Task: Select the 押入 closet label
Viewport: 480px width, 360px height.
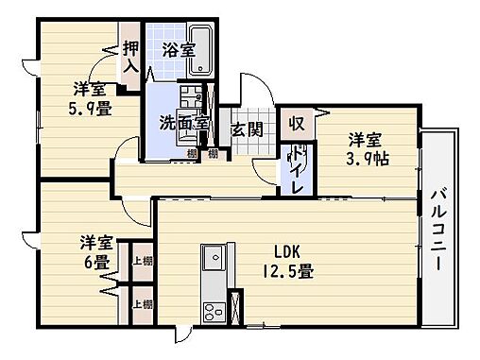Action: click(x=130, y=56)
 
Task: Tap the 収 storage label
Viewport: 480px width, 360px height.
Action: click(x=297, y=123)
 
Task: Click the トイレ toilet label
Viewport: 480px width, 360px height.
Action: click(x=297, y=170)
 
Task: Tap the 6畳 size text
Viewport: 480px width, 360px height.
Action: click(x=94, y=261)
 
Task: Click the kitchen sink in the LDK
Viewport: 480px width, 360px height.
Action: click(x=211, y=257)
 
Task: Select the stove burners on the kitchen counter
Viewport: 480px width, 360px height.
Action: click(x=211, y=311)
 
